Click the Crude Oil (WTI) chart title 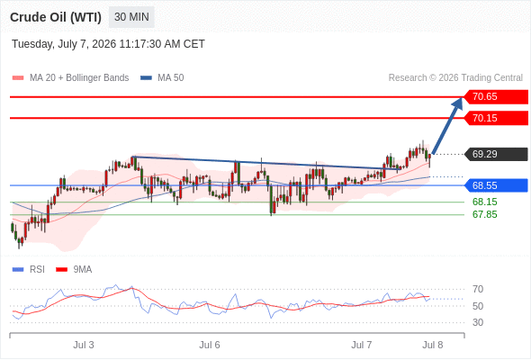click(56, 17)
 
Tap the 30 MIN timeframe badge click(131, 17)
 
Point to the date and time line click(108, 44)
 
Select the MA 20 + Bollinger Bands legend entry click(70, 78)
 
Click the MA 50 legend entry click(162, 78)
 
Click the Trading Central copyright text click(455, 78)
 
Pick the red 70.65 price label click(496, 97)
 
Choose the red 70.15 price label click(496, 118)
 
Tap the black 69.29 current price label click(496, 154)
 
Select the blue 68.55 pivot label click(496, 185)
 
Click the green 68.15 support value click(484, 202)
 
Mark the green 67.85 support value click(484, 214)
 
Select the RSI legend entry click(29, 270)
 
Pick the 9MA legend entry click(74, 270)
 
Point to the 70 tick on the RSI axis click(478, 289)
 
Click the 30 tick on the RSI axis click(478, 322)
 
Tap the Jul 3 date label click(84, 345)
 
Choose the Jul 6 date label click(210, 345)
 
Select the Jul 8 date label click(433, 345)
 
